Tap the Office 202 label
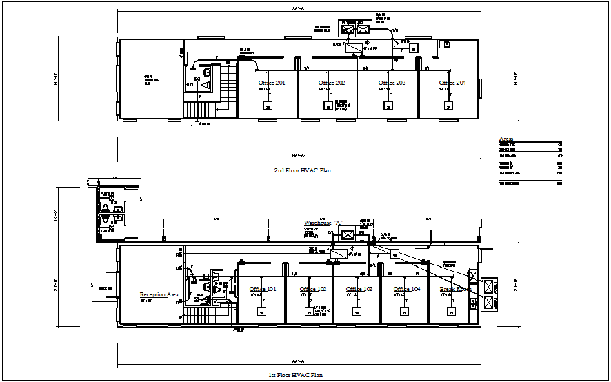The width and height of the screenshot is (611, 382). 331,83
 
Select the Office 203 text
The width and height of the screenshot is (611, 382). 391,83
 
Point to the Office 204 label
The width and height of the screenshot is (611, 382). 452,83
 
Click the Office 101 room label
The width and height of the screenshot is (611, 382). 263,289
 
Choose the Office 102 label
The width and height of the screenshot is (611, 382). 312,289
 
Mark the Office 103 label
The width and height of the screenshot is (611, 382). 359,289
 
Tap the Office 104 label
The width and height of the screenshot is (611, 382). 407,289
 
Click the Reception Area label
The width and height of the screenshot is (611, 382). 159,294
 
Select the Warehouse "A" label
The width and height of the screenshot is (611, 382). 324,223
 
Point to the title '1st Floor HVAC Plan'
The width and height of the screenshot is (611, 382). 296,375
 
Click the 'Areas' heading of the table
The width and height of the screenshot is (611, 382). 505,139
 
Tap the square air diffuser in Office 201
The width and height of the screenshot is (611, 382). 267,105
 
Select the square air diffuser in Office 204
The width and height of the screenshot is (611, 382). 449,106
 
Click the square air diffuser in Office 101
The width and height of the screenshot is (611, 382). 262,312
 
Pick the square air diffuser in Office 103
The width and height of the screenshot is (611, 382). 357,312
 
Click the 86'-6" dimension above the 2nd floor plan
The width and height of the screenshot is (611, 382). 297,10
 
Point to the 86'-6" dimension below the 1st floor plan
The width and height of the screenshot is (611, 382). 297,362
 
